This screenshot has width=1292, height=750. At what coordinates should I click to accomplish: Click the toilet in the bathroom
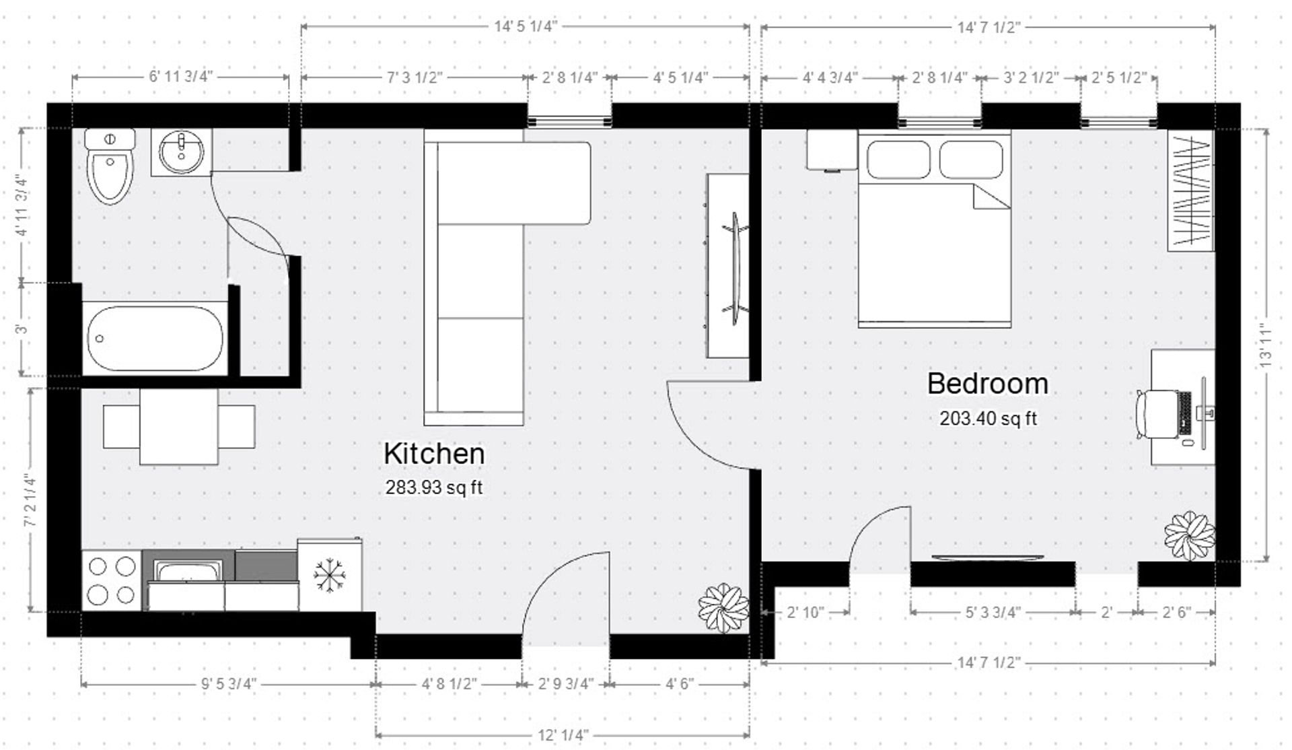[x=110, y=168]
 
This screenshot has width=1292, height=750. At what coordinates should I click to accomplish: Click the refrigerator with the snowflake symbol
[x=329, y=575]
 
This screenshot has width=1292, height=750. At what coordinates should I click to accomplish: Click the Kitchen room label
[x=434, y=454]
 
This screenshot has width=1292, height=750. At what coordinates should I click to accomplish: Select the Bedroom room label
[x=987, y=384]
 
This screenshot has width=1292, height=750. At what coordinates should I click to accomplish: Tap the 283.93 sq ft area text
[x=434, y=487]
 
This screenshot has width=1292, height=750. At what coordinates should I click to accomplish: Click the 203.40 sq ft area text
[x=988, y=419]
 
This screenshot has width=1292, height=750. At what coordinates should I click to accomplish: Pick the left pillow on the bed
[x=898, y=160]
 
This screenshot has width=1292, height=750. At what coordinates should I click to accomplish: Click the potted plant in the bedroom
[x=1190, y=536]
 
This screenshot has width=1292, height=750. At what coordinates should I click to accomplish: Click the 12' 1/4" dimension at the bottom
[x=563, y=735]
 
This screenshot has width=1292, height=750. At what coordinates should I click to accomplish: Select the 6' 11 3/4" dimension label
[x=180, y=76]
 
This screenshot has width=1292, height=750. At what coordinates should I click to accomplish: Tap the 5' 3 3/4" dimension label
[x=993, y=612]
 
